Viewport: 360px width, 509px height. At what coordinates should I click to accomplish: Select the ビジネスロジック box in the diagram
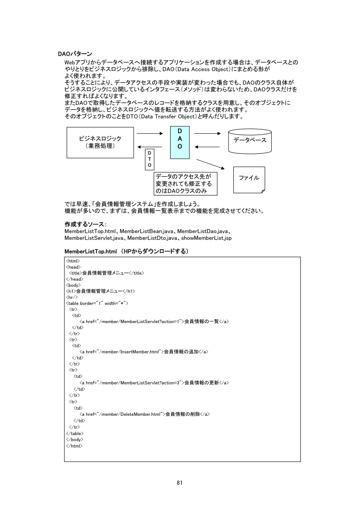[100, 142]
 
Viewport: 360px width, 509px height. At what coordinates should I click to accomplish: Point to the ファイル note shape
[249, 178]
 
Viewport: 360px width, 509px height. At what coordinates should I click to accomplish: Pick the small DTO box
[149, 159]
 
